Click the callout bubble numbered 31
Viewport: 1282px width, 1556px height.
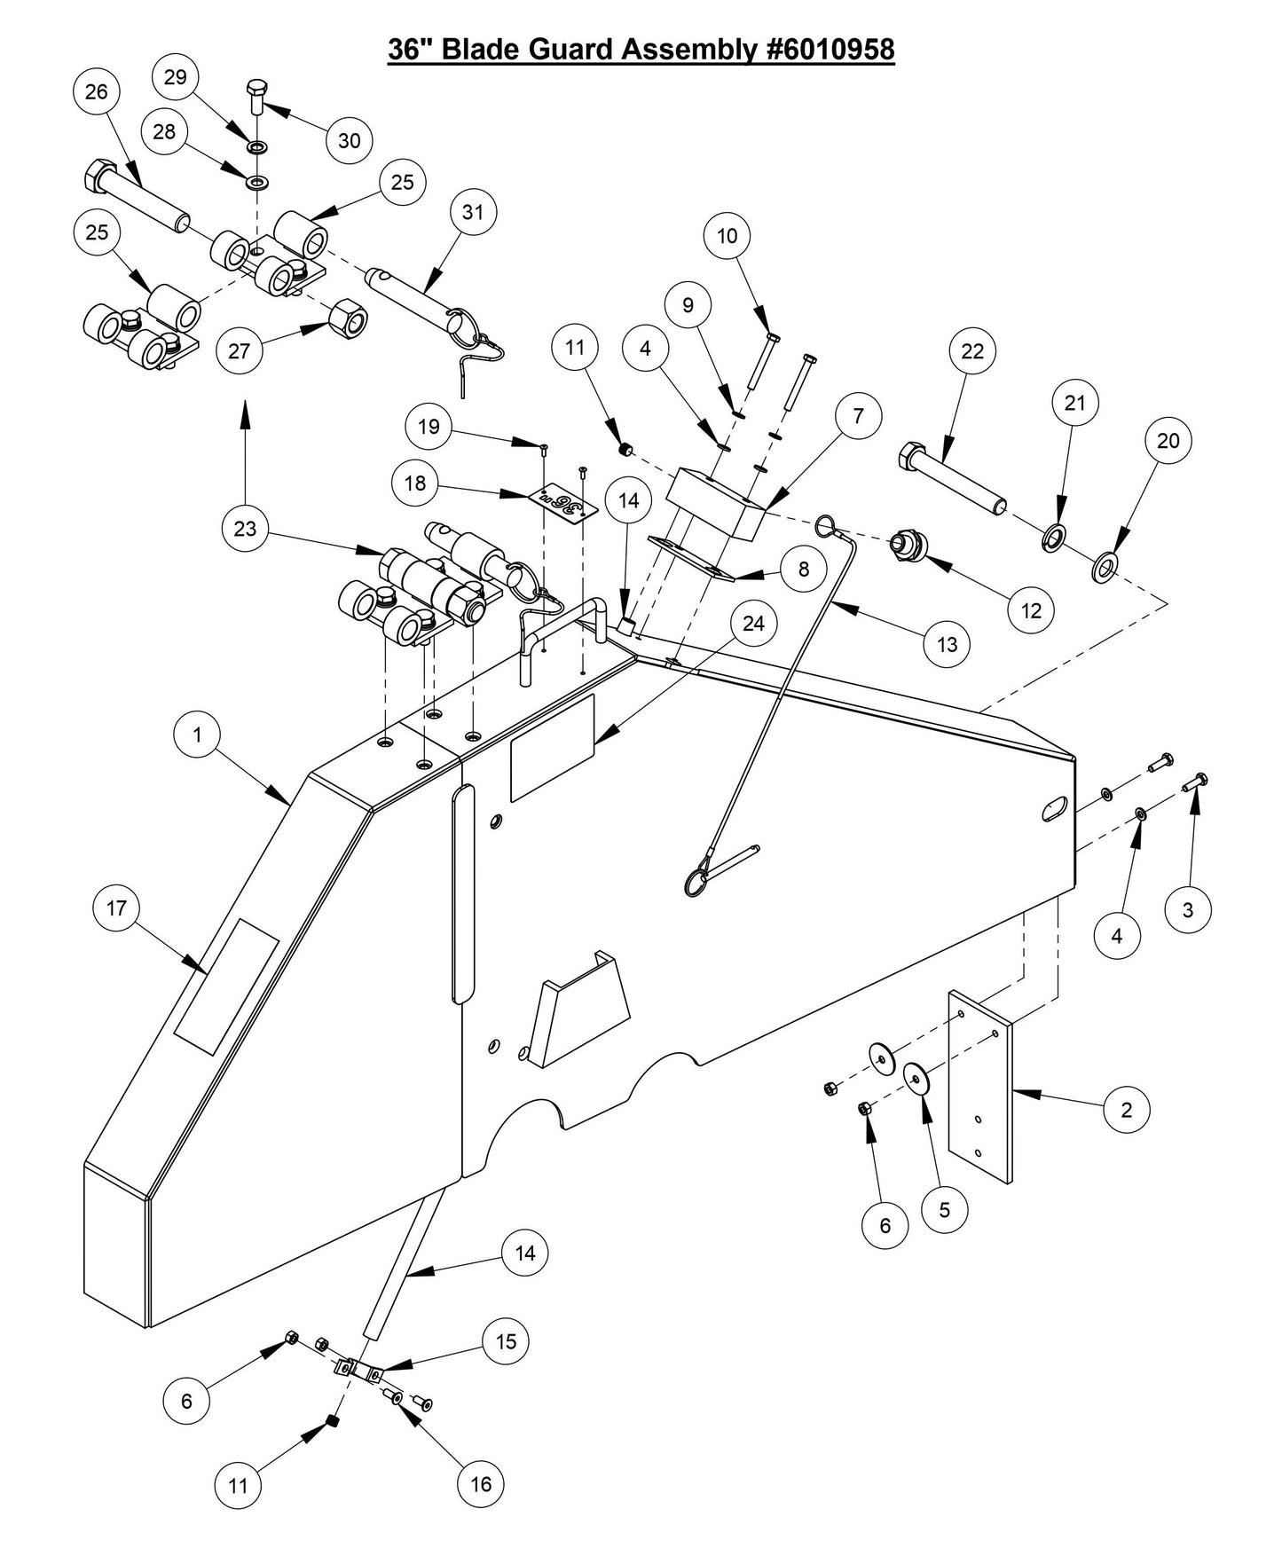[x=473, y=212]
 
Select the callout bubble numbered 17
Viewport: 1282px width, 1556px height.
[x=116, y=908]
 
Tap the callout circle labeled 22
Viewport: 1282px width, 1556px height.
[x=972, y=351]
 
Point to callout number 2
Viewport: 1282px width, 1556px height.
[x=1127, y=1110]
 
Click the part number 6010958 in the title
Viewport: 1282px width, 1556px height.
[x=830, y=50]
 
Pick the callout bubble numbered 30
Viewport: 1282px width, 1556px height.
[x=350, y=140]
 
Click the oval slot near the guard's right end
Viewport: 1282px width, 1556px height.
[x=1054, y=808]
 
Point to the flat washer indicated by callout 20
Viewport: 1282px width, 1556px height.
[x=1105, y=564]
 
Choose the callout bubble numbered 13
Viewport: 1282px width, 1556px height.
[x=947, y=644]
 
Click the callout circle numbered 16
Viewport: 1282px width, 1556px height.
[x=480, y=1483]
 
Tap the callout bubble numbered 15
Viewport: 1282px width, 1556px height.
[x=506, y=1341]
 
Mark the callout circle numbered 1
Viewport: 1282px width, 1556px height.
[x=197, y=735]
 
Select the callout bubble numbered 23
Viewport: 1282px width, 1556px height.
[x=245, y=529]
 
